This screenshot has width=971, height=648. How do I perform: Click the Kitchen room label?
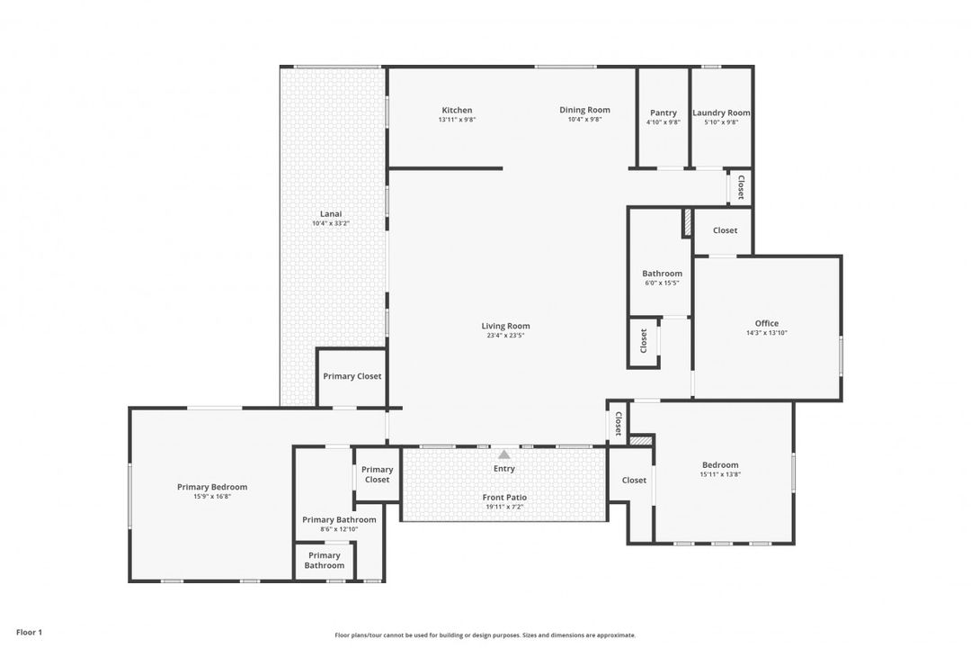[x=457, y=111]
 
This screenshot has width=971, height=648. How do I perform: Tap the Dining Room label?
[x=584, y=110]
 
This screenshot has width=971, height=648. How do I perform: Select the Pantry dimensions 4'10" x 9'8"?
[x=664, y=122]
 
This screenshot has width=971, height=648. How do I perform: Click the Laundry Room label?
[x=721, y=112]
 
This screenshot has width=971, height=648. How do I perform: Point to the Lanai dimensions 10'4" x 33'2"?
[x=330, y=223]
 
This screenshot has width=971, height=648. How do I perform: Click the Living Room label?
[x=505, y=326]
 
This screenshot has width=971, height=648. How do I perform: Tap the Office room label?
[x=766, y=323]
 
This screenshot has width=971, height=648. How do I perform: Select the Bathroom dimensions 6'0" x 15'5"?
[x=662, y=283]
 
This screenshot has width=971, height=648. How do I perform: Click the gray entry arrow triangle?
[x=504, y=454]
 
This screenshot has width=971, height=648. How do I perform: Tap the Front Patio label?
[x=505, y=497]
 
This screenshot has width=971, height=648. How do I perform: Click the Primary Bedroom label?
[x=212, y=487]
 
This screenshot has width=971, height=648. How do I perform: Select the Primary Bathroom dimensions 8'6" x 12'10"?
[x=339, y=530]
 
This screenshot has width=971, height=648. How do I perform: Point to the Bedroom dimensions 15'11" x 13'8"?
[x=720, y=474]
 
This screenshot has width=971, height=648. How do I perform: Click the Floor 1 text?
[x=29, y=633]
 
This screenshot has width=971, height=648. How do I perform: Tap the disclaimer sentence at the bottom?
[x=485, y=635]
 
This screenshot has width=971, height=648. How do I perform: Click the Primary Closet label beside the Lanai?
[x=352, y=376]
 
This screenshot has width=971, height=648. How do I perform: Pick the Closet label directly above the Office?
[x=725, y=230]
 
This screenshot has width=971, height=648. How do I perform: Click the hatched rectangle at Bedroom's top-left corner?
[x=640, y=441]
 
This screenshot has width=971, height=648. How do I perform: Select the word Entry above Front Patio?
[x=504, y=468]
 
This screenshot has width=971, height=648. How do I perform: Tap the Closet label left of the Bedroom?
[x=634, y=480]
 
